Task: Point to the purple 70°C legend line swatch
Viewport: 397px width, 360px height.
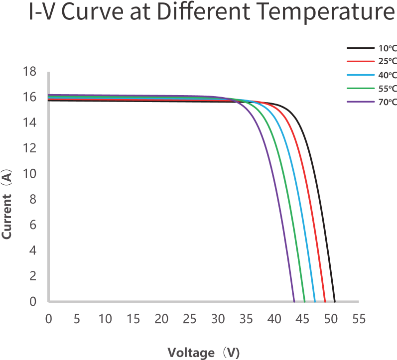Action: point(360,102)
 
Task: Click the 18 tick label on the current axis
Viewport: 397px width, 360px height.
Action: point(30,72)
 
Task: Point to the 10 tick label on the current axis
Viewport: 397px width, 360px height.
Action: point(30,174)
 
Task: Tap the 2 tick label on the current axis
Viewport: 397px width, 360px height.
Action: point(33,276)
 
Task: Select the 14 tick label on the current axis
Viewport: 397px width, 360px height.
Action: point(30,122)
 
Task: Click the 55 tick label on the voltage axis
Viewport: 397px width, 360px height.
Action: point(359,319)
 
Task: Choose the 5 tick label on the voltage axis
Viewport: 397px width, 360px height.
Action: point(76,319)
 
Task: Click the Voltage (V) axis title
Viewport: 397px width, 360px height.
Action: point(203,353)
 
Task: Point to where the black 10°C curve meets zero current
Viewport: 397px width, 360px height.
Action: point(334,301)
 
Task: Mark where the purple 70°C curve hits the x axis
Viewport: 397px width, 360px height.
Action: point(294,301)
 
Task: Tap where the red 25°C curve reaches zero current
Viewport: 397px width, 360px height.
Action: point(325,301)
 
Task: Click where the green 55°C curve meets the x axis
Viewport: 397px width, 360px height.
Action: point(304,301)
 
